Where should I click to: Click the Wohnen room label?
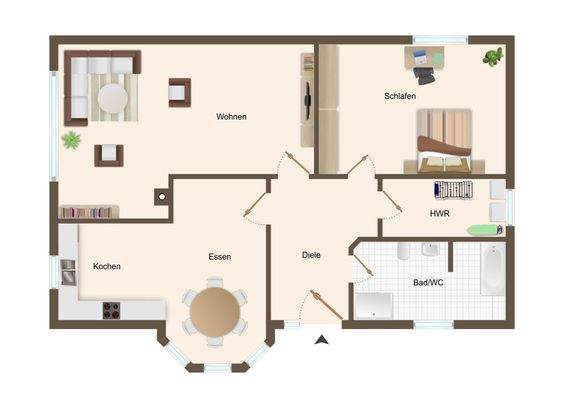(x=231, y=117)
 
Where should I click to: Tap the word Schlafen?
(x=400, y=97)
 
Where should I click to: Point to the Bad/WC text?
(x=429, y=283)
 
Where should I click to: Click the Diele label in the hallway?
(x=311, y=255)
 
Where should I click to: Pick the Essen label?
(x=220, y=257)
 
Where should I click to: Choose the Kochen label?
(x=107, y=267)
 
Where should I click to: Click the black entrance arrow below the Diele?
(x=321, y=340)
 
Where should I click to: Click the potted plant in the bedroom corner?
(x=492, y=57)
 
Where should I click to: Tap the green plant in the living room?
(x=71, y=140)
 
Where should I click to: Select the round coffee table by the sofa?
(x=112, y=98)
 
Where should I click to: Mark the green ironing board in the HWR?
(x=481, y=230)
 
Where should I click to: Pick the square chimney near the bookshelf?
(x=161, y=197)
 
